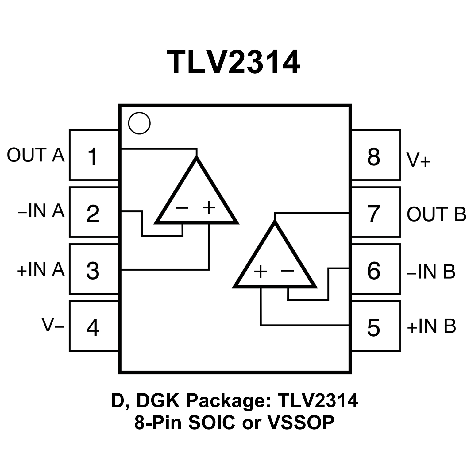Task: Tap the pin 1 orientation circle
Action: tap(139, 123)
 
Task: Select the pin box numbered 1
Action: tap(94, 155)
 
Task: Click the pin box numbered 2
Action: tap(94, 212)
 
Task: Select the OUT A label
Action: tap(36, 155)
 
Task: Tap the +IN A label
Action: tap(41, 269)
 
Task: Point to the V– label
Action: tap(53, 325)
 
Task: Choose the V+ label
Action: tap(419, 160)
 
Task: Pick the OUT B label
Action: tap(436, 214)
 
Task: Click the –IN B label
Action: tap(431, 271)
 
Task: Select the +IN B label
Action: tap(431, 326)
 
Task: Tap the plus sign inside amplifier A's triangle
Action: tap(209, 207)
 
